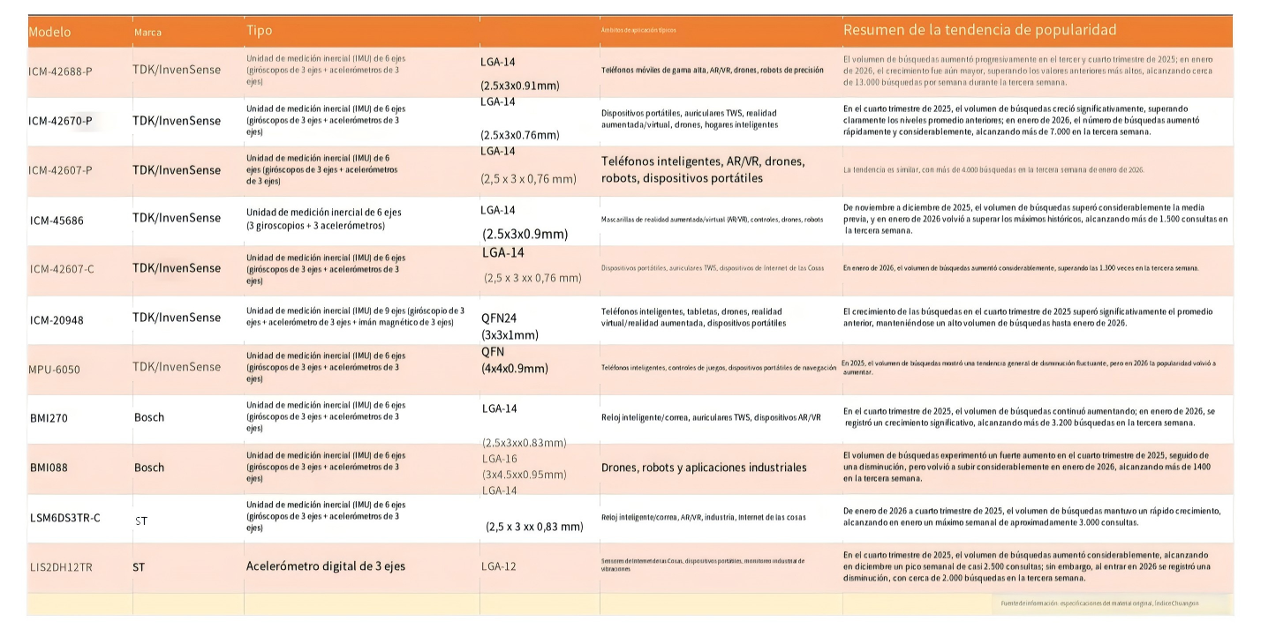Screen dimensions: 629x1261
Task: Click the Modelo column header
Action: [x=49, y=33]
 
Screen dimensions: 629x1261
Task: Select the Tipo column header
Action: [x=260, y=31]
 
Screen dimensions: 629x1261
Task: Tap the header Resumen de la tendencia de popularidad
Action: [x=980, y=30]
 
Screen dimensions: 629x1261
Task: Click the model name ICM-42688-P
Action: [x=60, y=71]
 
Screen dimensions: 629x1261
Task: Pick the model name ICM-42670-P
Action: [x=60, y=120]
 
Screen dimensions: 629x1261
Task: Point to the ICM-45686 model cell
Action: [x=57, y=220]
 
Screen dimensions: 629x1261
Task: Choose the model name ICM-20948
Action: [x=57, y=318]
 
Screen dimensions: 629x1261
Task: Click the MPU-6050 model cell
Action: [x=54, y=369]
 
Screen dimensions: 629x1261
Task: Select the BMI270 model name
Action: [x=49, y=417]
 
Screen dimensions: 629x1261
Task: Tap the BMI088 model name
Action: [x=49, y=468]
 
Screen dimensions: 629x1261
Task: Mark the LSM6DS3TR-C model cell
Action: [x=64, y=517]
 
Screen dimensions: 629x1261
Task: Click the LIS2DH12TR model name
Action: [x=60, y=566]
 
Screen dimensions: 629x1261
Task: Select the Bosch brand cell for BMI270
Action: [x=149, y=417]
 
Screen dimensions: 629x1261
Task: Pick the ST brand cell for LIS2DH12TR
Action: [x=139, y=566]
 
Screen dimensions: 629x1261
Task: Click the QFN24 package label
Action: [x=500, y=319]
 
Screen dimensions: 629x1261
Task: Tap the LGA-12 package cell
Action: [x=498, y=566]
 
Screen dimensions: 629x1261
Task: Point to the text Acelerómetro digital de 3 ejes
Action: [x=325, y=566]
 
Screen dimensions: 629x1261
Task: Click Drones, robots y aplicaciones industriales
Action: [x=704, y=468]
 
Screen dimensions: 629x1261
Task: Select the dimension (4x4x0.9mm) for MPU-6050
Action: [x=515, y=368]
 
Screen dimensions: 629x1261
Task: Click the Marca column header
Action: [x=147, y=33]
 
